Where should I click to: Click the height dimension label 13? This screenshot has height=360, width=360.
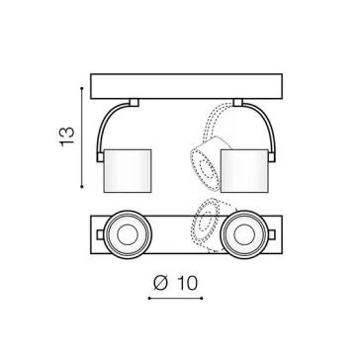(67, 135)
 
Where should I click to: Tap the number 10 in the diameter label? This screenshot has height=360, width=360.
(187, 283)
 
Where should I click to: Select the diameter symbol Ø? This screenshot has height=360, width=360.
(161, 283)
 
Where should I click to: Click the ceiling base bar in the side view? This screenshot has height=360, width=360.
(186, 86)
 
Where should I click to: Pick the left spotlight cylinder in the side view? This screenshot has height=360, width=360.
(128, 171)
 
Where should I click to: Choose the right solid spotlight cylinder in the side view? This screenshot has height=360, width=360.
(244, 171)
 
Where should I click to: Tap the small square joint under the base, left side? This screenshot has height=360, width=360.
(135, 103)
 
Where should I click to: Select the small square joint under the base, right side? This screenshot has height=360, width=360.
(237, 103)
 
